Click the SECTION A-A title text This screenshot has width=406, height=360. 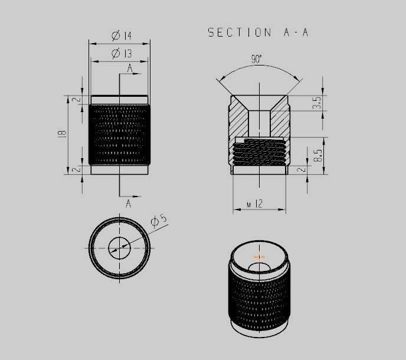[x=258, y=33]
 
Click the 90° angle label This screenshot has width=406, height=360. [x=256, y=59]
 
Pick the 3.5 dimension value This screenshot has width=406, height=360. [x=317, y=104]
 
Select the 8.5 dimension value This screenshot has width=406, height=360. [x=317, y=155]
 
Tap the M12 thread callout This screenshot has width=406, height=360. [x=254, y=204]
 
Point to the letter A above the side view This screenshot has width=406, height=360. [x=129, y=68]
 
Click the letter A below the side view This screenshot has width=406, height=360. [x=128, y=204]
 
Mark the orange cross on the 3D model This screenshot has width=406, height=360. [x=258, y=257]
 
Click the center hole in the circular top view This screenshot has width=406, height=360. [x=120, y=247]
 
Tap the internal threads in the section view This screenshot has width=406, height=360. [x=260, y=152]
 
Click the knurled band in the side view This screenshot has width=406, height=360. [x=120, y=134]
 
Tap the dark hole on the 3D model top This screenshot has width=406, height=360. [x=260, y=268]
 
